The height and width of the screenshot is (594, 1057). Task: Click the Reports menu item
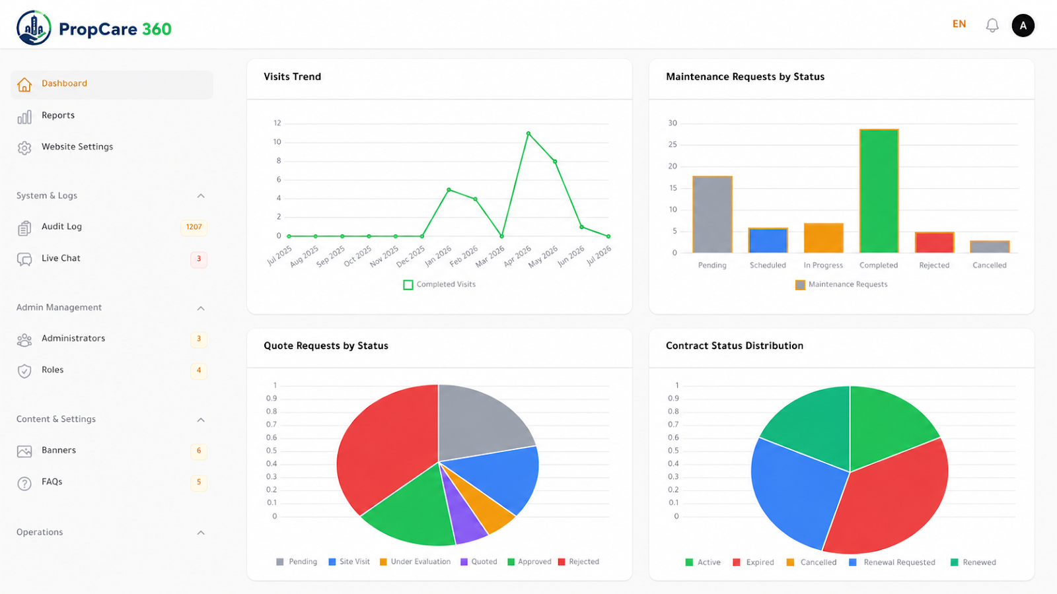(58, 115)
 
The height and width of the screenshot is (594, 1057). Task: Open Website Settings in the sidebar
(77, 147)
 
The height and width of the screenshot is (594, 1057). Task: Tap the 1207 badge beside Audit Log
(194, 227)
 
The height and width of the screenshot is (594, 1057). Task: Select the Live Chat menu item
(61, 258)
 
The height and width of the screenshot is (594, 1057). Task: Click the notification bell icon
(992, 26)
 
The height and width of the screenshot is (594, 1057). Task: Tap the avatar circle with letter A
(1023, 26)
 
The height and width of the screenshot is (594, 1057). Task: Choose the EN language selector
(959, 24)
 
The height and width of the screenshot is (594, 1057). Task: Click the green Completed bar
(879, 191)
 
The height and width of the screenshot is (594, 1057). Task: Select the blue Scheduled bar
(768, 240)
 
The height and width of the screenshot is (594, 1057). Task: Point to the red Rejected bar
(934, 242)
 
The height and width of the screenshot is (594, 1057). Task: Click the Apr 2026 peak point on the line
(528, 133)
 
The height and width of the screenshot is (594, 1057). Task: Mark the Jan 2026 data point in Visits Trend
(449, 189)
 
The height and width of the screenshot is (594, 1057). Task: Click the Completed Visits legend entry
(439, 284)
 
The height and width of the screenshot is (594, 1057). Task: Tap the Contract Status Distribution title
(734, 346)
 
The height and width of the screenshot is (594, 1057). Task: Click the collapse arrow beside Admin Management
(201, 308)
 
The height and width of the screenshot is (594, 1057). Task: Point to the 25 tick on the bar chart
(673, 145)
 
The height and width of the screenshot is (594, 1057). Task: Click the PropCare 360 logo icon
(34, 28)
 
